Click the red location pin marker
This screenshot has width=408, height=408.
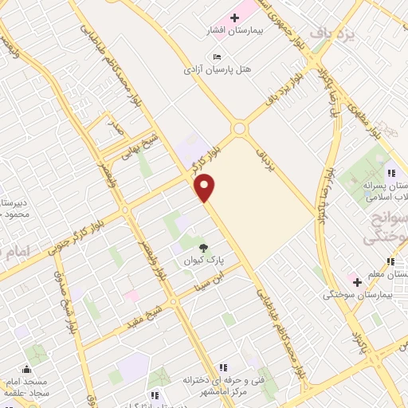point(205,187)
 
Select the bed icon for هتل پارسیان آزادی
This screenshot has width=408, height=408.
point(218,56)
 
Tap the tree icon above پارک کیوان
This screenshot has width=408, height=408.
point(203,246)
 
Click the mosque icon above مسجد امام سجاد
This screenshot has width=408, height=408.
point(28,368)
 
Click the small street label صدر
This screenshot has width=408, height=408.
point(116,127)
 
